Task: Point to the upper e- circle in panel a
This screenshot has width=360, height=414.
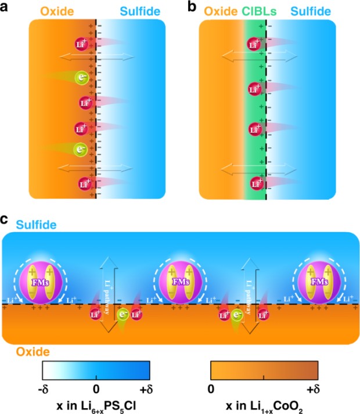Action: coord(84,76)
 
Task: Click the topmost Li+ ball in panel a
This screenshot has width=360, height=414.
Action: coord(81,44)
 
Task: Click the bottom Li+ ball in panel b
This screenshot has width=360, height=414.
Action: coord(254,185)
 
